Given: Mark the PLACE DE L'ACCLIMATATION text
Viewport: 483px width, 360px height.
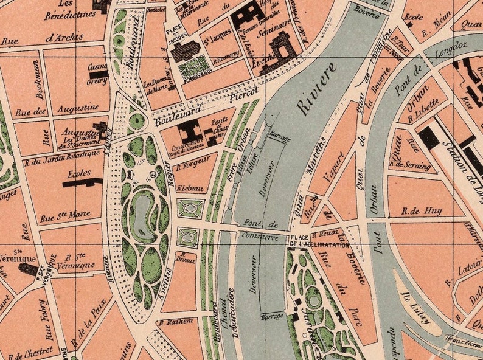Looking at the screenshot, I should point(319,241).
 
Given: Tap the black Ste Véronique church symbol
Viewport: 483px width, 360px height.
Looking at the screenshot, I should point(28,269).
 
